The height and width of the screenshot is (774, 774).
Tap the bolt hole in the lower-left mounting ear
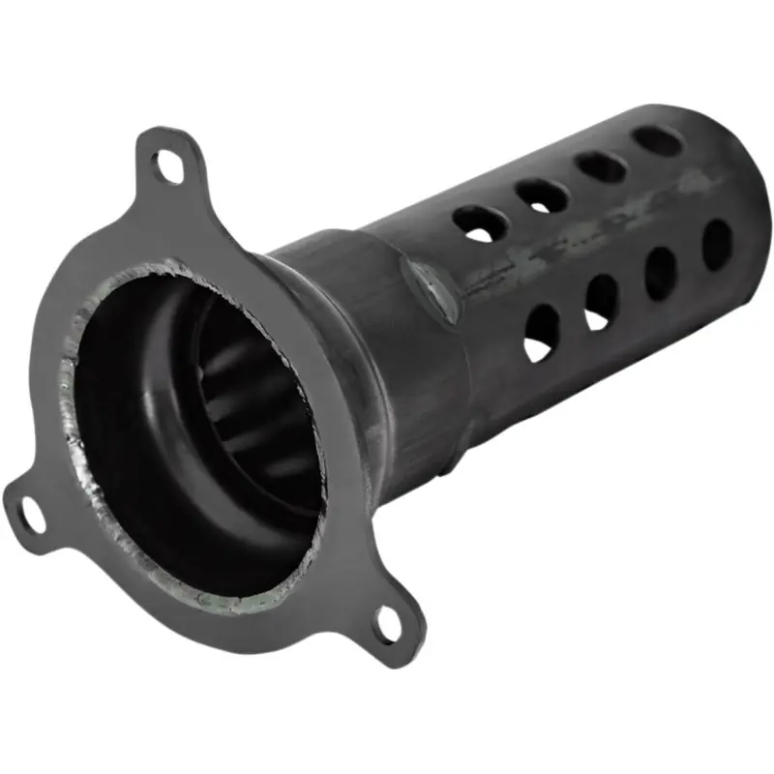click(31, 512)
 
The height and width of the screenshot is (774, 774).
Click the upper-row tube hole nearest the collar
click(481, 223)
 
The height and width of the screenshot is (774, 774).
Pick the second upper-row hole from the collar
click(542, 195)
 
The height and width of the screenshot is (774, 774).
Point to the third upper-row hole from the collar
click(602, 165)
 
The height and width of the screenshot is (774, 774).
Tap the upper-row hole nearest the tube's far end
click(658, 141)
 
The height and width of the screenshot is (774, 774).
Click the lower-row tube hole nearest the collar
click(541, 334)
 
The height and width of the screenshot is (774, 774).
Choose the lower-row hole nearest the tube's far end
click(717, 244)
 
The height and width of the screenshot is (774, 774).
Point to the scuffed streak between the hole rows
click(580, 242)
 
